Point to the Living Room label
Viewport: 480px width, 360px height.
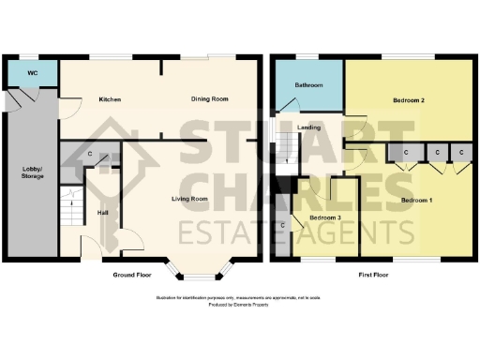point(188,199)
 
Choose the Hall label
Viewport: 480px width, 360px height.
point(101,212)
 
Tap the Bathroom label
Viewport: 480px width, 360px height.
point(308,85)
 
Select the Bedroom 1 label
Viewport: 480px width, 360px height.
point(419,201)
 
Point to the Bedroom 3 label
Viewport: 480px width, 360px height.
point(324,218)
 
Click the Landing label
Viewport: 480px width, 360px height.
point(309,127)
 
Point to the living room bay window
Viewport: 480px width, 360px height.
point(196,273)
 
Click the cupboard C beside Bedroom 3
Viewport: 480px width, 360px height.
point(282,227)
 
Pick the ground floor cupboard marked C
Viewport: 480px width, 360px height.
point(89,154)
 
